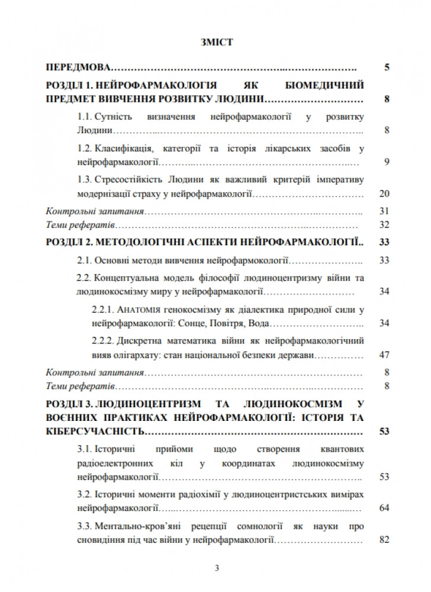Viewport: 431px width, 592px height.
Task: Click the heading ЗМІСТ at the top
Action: click(x=216, y=43)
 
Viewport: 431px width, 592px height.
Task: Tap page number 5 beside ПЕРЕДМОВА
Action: click(x=386, y=68)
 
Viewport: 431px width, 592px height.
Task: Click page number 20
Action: click(x=383, y=194)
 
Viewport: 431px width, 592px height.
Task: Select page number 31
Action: click(x=383, y=211)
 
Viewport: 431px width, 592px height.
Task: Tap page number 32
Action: click(x=383, y=226)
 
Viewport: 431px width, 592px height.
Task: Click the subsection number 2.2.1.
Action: click(x=104, y=309)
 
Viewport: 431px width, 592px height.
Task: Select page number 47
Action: click(x=383, y=356)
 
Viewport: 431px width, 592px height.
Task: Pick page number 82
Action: click(x=383, y=540)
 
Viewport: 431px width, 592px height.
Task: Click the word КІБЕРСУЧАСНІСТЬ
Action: click(x=94, y=430)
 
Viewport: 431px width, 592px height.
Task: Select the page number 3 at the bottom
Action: click(x=216, y=570)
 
